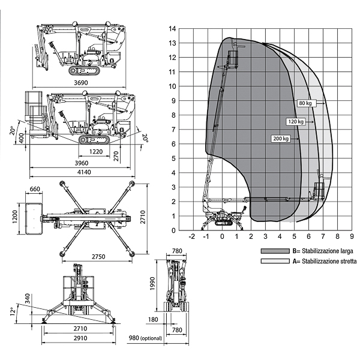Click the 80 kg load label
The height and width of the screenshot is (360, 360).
305,103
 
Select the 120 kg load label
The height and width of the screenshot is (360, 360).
296,121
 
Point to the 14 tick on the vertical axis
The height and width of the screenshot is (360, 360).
173,29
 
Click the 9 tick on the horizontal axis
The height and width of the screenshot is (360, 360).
352,236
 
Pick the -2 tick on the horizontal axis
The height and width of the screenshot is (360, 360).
192,236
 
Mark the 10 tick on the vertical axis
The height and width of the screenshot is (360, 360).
173,86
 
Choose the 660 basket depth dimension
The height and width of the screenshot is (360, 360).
35,190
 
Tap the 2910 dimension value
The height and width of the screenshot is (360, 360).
78,339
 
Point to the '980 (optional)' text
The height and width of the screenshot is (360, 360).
145,339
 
